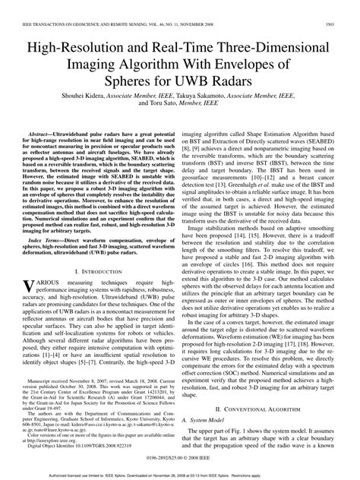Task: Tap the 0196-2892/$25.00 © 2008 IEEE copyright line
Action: [x=179, y=459]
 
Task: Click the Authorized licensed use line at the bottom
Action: [x=179, y=474]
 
